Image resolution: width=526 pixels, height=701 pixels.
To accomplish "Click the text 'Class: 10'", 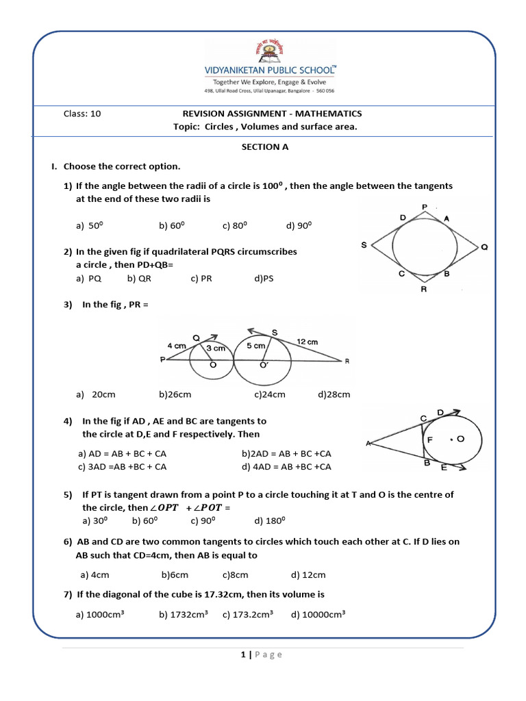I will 82,114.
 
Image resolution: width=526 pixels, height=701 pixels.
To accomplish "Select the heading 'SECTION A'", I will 260,146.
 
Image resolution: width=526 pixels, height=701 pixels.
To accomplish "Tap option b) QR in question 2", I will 139,279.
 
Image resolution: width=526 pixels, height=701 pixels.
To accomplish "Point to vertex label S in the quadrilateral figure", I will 363,245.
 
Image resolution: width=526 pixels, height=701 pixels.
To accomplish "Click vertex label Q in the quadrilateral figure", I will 484,247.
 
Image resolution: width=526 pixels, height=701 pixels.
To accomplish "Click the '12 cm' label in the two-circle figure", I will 307,341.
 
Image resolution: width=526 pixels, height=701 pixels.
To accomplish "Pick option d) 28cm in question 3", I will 334,394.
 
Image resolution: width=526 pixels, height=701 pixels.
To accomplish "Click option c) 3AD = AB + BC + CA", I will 123,467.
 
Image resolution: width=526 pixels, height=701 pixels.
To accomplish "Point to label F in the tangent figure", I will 429,440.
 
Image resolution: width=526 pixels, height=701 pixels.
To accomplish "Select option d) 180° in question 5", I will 268,521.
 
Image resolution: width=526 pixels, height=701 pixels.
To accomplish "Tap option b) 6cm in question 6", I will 175,575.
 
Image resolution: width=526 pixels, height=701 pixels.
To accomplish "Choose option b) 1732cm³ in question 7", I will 184,615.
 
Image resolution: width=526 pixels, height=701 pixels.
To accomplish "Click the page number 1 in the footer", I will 243,654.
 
